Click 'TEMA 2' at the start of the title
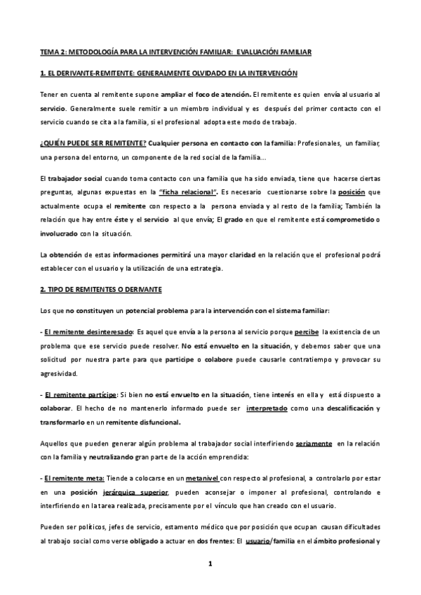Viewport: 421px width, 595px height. [51, 53]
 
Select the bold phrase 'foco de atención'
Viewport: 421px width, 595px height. [226, 93]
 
